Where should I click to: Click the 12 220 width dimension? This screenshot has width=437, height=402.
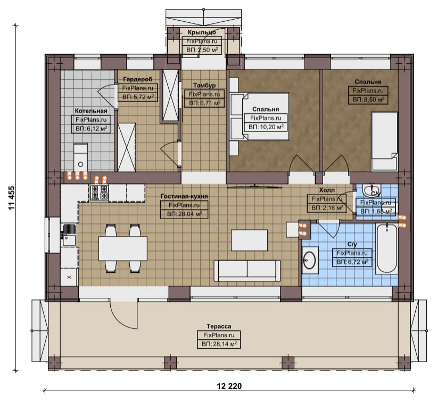(229, 386)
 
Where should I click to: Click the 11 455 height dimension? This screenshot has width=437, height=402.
(12, 198)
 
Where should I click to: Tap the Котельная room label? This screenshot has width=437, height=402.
(91, 111)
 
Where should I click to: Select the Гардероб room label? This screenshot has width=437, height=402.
(138, 79)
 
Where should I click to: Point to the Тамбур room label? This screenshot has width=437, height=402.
(204, 85)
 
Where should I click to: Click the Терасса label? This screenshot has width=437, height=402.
(219, 326)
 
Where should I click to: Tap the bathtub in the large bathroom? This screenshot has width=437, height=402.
(386, 248)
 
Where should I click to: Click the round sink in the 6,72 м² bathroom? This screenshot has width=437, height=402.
(309, 259)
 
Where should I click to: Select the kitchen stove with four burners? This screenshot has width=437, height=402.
(99, 192)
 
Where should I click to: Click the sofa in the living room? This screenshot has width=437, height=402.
(247, 271)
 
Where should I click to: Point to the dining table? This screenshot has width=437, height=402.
(123, 248)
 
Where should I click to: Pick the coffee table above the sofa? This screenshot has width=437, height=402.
(249, 240)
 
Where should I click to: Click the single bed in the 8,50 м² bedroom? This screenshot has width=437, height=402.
(385, 141)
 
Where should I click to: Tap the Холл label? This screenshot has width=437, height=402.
(327, 190)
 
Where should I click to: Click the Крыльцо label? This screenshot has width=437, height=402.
(202, 32)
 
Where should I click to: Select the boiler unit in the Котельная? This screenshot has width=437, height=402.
(80, 158)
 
